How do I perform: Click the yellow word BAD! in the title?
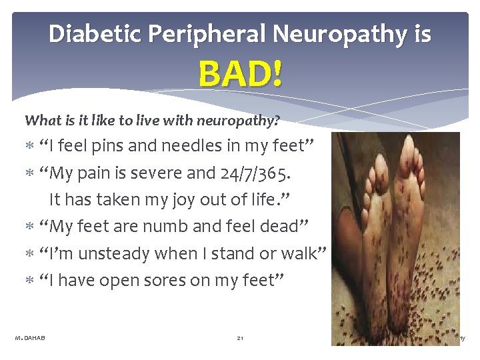point(240,73)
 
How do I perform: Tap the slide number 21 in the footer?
point(240,339)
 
